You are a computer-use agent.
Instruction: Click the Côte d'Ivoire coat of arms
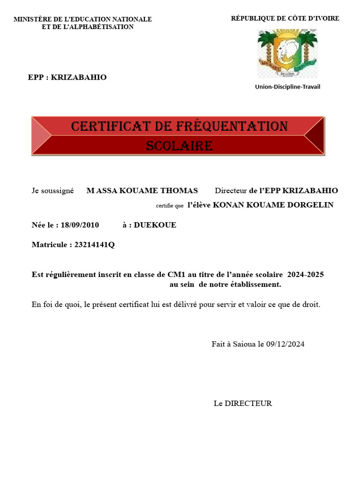click(x=287, y=53)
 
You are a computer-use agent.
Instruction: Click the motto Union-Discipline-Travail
click(x=287, y=87)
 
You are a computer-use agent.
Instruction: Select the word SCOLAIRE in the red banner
click(x=180, y=146)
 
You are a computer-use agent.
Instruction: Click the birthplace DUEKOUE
click(x=155, y=225)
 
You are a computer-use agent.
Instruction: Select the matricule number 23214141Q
click(x=94, y=245)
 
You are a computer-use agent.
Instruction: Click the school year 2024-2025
click(x=305, y=275)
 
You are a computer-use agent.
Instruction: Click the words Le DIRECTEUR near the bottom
click(x=242, y=403)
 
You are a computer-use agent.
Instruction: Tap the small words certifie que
click(x=169, y=206)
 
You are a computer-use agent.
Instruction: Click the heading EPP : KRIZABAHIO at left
click(x=67, y=77)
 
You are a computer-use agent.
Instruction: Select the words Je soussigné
click(x=52, y=191)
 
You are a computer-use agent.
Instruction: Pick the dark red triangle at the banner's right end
click(x=315, y=136)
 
